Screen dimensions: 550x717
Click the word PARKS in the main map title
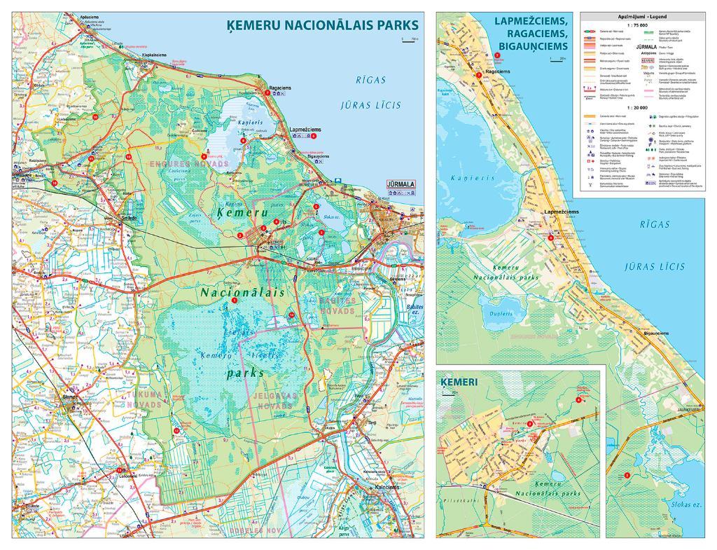click(x=389, y=26)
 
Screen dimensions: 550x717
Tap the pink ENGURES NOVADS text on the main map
click(x=179, y=163)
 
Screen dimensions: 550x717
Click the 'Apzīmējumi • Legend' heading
click(x=642, y=15)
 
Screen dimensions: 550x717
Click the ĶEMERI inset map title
click(x=459, y=383)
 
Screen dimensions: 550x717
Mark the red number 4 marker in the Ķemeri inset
click(x=578, y=399)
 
